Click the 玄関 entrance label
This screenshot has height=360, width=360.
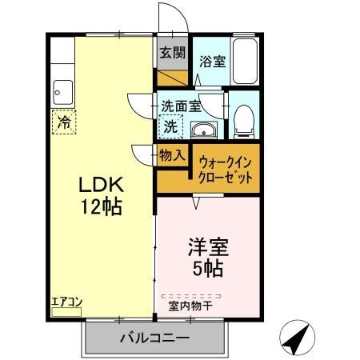point(171,54)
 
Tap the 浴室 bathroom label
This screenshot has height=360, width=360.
point(212,60)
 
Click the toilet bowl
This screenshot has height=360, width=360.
point(244,119)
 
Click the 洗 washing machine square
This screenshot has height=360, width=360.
point(170,125)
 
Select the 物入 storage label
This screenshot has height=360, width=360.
point(172,155)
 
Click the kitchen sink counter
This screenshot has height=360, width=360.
point(62,93)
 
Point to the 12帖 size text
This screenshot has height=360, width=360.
point(100,207)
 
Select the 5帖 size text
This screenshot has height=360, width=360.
point(206,267)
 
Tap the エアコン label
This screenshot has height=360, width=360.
point(67,302)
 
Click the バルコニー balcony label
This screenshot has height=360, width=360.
point(154,338)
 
